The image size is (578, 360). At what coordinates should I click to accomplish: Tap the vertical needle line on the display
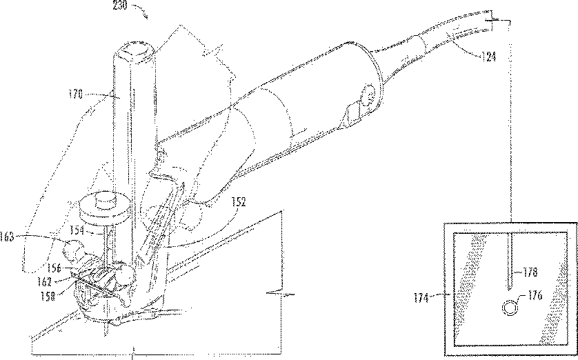coord(508,262)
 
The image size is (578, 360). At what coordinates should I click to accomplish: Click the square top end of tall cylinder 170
coord(135,50)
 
